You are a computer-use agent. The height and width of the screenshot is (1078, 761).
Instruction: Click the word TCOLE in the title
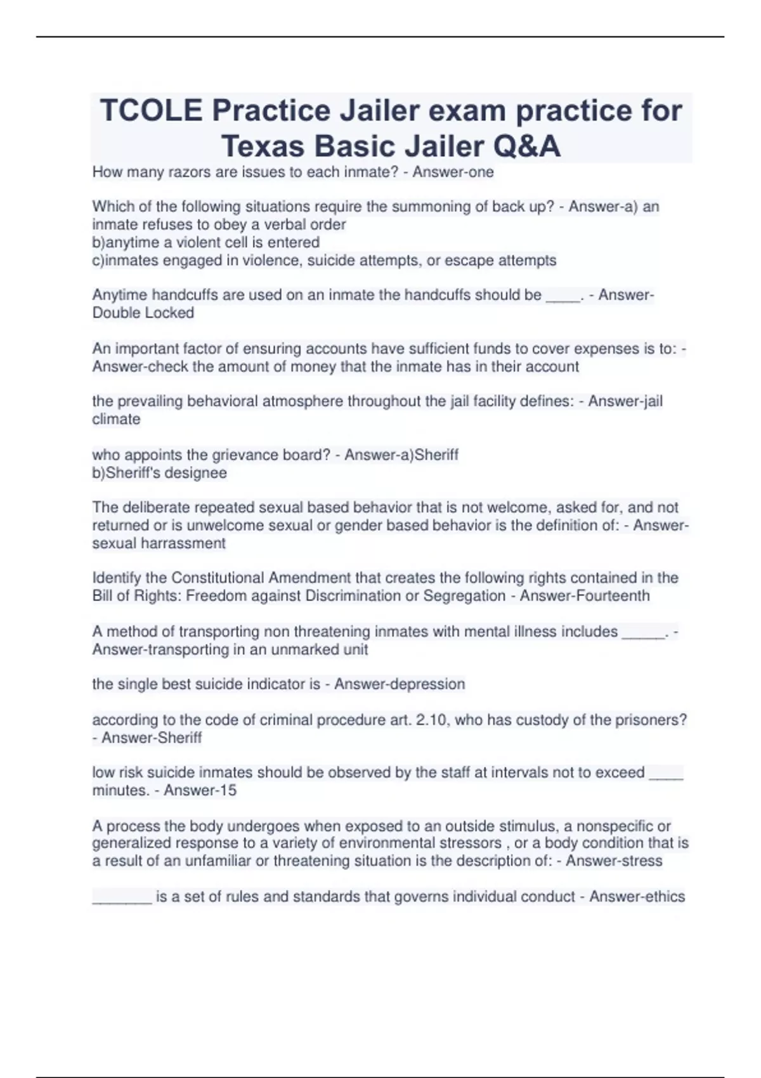151,111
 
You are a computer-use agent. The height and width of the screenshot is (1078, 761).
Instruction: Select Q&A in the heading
526,146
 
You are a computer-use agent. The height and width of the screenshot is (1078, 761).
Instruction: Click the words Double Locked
143,313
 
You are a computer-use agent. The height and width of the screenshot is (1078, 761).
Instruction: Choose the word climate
116,419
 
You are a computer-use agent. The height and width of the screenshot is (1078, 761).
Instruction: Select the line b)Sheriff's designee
159,472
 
